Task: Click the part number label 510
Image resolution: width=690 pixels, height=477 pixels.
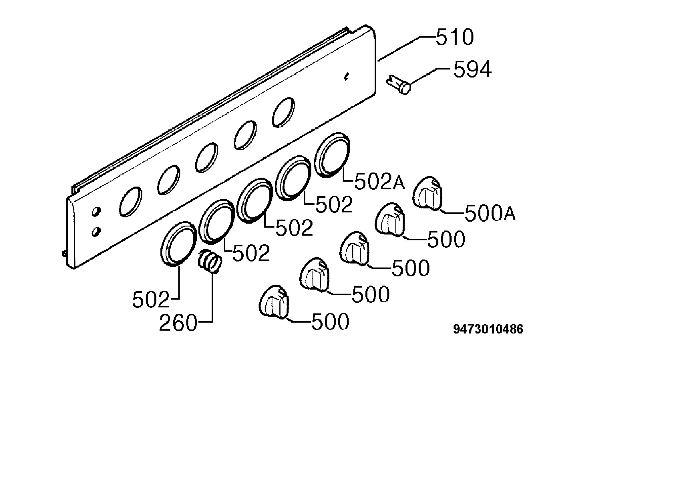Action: point(455,37)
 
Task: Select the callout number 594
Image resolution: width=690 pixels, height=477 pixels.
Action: point(472,69)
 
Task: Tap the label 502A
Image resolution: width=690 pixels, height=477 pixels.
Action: point(379,181)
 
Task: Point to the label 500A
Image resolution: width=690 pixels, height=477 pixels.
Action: point(490,213)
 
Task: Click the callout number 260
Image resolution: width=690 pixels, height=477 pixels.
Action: point(178,323)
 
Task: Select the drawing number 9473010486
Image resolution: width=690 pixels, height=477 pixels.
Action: point(488,329)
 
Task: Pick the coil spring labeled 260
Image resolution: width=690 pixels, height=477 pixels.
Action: point(210,261)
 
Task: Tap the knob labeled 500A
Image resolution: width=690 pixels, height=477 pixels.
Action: point(428,193)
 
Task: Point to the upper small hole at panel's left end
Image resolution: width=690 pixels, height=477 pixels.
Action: point(96,211)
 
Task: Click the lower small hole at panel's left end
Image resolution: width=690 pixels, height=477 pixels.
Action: point(96,232)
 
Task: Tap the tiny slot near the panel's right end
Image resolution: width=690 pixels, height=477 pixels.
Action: point(346,77)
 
